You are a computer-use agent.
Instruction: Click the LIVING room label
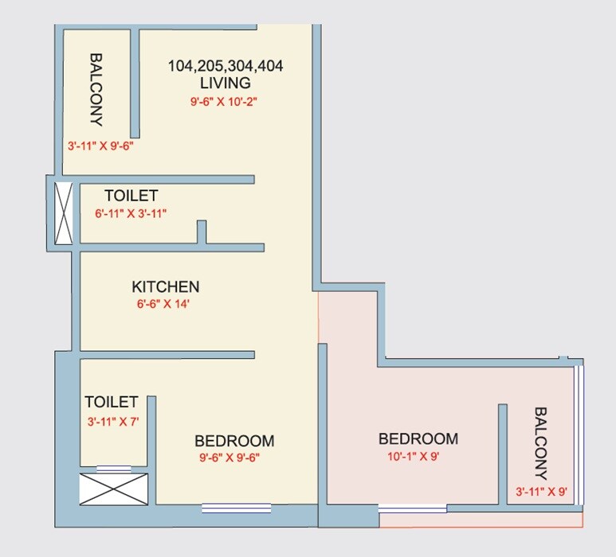(x=226, y=83)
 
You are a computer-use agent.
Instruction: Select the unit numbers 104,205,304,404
(x=226, y=66)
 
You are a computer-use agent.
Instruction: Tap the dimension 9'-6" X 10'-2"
(x=222, y=101)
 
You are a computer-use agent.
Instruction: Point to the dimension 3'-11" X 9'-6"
(x=99, y=146)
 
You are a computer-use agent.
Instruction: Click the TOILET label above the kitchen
(x=131, y=195)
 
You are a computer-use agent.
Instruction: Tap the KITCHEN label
(x=166, y=286)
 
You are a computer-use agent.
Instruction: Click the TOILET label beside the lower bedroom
(x=112, y=403)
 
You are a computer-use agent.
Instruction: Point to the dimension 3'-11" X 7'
(x=112, y=422)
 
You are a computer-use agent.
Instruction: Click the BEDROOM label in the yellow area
(x=234, y=440)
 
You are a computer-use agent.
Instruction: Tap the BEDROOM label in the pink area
(x=418, y=438)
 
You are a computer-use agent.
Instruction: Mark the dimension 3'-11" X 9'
(x=541, y=491)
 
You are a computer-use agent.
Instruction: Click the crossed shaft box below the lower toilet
(x=113, y=489)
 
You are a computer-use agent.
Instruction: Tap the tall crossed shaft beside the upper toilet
(x=63, y=213)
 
